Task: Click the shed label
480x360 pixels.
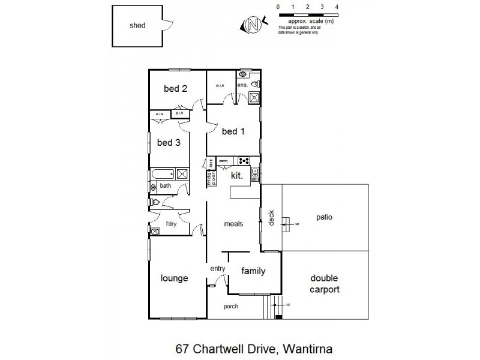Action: [x=137, y=26]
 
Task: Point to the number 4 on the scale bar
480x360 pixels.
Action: [x=337, y=7]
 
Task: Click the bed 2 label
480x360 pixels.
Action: [x=176, y=89]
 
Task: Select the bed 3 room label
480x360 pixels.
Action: [x=169, y=142]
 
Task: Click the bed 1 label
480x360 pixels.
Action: [x=233, y=131]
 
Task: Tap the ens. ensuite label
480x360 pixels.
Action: [x=242, y=85]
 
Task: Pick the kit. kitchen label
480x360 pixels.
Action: [x=238, y=175]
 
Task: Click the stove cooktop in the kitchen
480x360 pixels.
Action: [x=244, y=160]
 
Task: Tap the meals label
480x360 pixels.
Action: [x=233, y=224]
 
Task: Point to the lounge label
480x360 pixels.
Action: [x=175, y=278]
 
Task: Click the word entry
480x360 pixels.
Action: [x=217, y=268]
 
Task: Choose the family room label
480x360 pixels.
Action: [x=253, y=271]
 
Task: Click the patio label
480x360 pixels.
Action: [x=325, y=217]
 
